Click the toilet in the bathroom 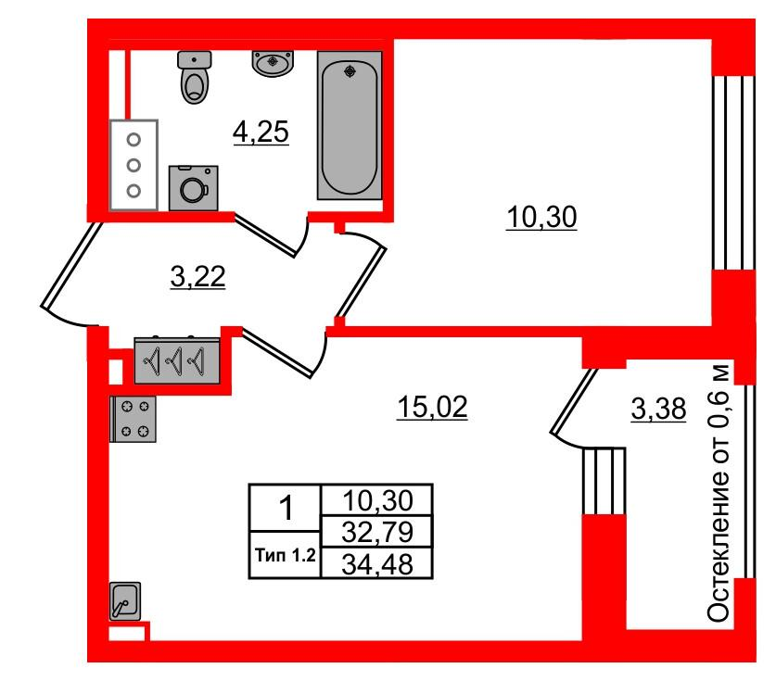(x=195, y=77)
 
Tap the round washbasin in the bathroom (x=273, y=63)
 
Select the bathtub (x=350, y=126)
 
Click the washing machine (x=194, y=188)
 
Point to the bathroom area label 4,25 (x=261, y=132)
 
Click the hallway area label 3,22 (x=198, y=276)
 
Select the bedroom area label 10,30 (x=541, y=218)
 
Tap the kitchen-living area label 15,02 (x=433, y=407)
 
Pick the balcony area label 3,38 (x=658, y=409)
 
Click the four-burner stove (x=133, y=419)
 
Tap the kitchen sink (x=125, y=601)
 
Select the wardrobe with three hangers (x=177, y=360)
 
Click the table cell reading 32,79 (x=377, y=531)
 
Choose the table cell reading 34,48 (x=377, y=563)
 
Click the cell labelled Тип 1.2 (x=286, y=555)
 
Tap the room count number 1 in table (x=286, y=509)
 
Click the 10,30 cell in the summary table (x=377, y=500)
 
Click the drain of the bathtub (x=350, y=71)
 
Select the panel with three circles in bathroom (x=134, y=165)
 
